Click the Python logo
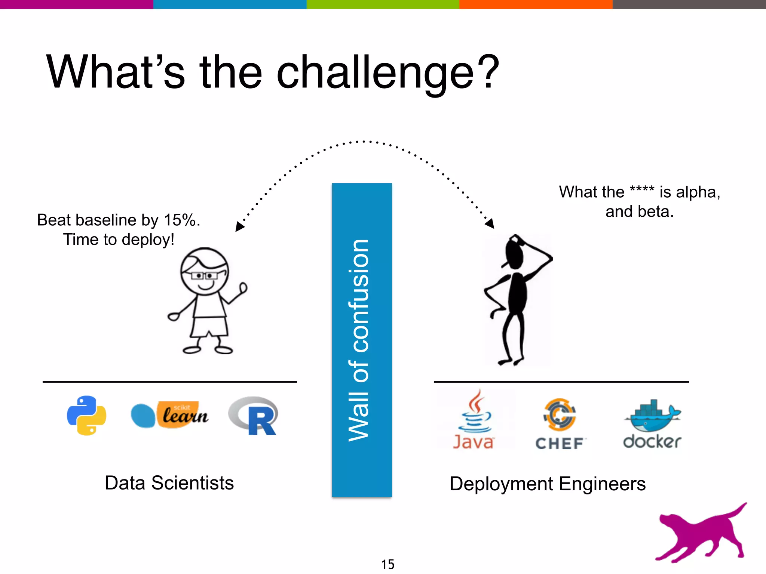[86, 415]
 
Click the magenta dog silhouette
[699, 534]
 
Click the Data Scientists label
[169, 483]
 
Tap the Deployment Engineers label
[548, 484]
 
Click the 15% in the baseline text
[180, 220]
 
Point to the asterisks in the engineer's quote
[642, 190]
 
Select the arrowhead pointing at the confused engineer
[490, 223]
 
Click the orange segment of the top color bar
[536, 4]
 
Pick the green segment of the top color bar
[383, 4]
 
